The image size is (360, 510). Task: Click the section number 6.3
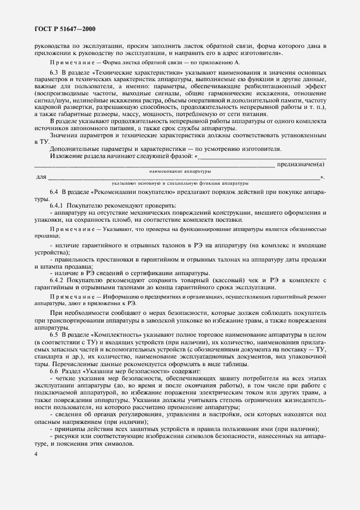(x=54, y=72)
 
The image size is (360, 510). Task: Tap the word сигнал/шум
(x=52, y=100)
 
